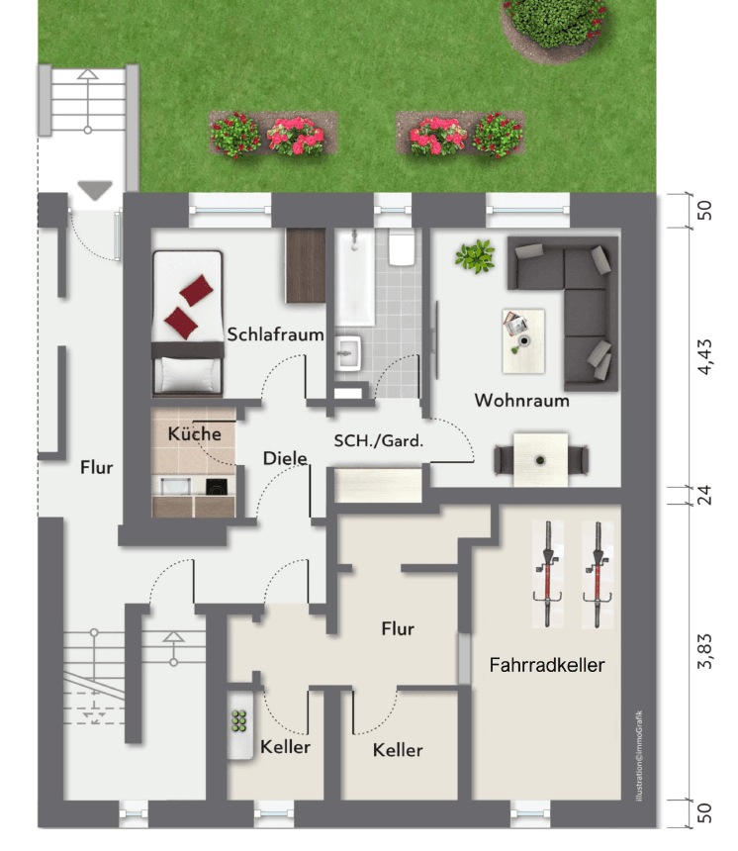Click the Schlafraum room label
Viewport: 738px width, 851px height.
(x=276, y=334)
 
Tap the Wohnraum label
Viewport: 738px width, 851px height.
(x=521, y=401)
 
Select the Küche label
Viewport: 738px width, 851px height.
(x=194, y=433)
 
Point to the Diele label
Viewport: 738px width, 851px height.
(x=285, y=458)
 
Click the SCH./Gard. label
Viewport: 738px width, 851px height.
(x=378, y=441)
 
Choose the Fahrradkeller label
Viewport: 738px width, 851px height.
(x=546, y=665)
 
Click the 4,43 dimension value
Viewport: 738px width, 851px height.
(x=705, y=356)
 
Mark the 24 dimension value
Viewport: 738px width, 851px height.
(x=705, y=495)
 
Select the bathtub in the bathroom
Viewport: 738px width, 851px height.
(x=353, y=278)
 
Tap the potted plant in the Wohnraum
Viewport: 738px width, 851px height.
(x=475, y=256)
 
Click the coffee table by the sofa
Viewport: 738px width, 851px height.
(x=522, y=340)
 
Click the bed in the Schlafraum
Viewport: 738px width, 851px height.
(x=187, y=322)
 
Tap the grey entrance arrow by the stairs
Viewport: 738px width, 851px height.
(x=95, y=191)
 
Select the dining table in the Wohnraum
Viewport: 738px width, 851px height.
(x=540, y=459)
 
